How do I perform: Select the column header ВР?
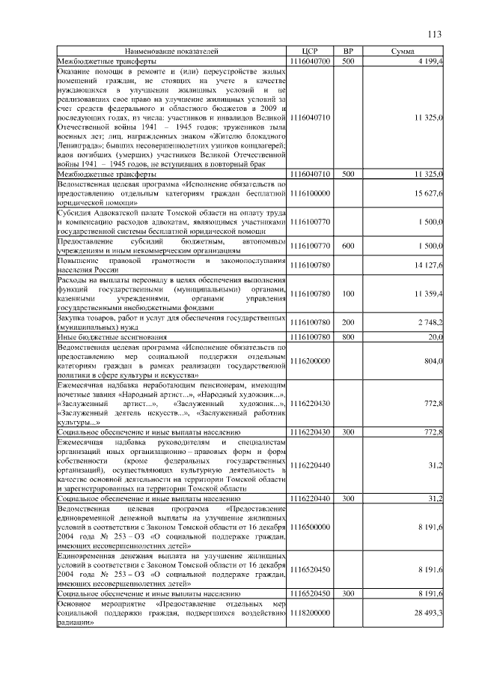click(x=347, y=51)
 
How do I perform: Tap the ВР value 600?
click(x=347, y=246)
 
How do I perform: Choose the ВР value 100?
click(x=347, y=293)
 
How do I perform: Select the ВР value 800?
click(x=347, y=337)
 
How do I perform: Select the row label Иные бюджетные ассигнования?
click(x=104, y=337)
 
